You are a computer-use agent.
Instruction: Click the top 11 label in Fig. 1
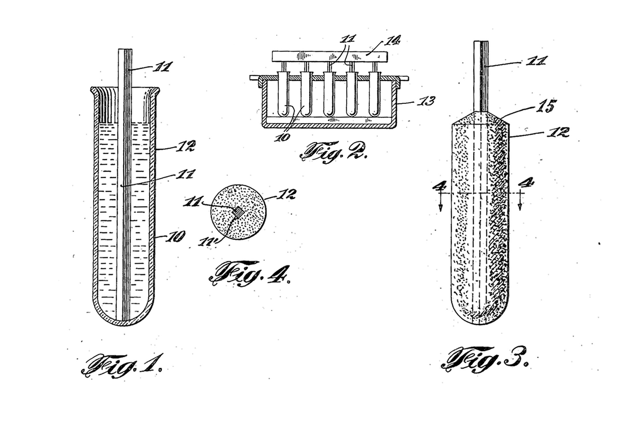(163, 67)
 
